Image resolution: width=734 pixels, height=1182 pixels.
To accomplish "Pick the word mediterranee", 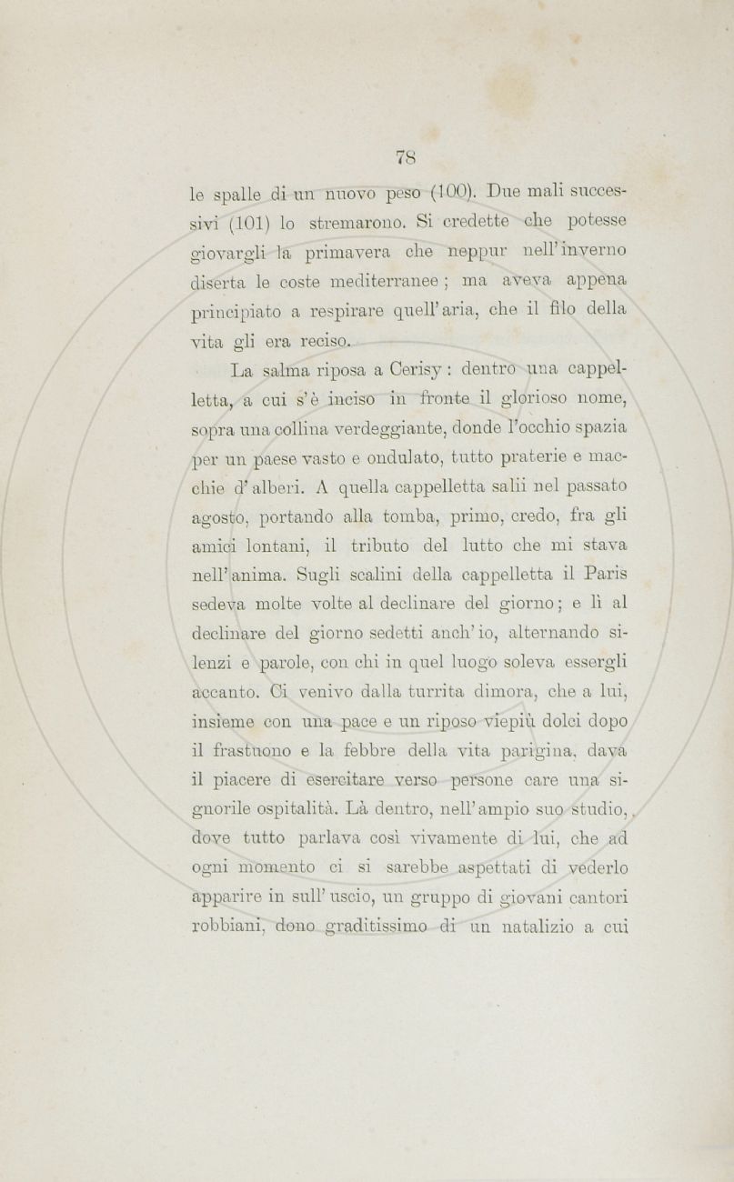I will point(381,282).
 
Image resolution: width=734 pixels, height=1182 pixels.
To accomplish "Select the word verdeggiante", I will point(391,428).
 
